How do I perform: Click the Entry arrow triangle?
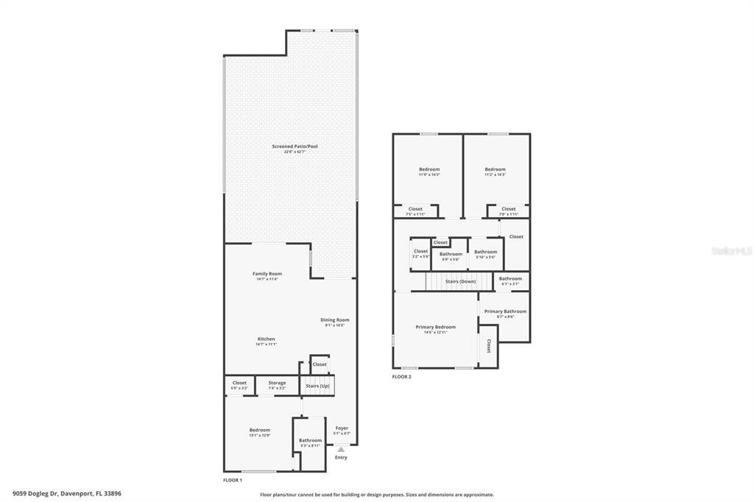tap(340, 449)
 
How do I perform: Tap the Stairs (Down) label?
tap(460, 282)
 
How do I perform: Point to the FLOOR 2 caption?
tap(401, 376)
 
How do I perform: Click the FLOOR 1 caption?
tap(233, 480)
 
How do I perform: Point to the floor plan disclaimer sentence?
tap(377, 495)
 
